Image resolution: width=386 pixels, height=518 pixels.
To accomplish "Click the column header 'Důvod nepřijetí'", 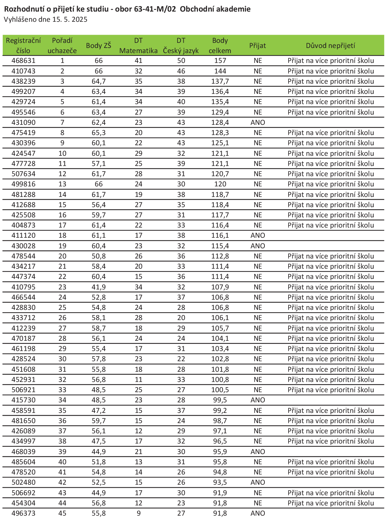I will pos(330,46).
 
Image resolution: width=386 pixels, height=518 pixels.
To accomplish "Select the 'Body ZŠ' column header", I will pos(98,46).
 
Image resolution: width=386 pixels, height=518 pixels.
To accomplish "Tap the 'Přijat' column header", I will pos(257,46).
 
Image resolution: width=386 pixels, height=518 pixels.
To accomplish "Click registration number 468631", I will pos(23,61).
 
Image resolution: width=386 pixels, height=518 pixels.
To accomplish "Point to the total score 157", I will pos(220,61).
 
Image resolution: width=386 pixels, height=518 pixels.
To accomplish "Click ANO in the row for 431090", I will pos(258,122).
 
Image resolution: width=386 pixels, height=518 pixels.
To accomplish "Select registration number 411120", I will pos(23,235).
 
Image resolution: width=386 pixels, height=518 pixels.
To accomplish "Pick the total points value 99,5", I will pos(220,400).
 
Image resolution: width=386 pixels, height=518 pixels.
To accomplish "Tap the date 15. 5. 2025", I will pos(70,19).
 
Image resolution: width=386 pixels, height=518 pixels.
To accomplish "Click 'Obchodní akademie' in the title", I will pos(215,9).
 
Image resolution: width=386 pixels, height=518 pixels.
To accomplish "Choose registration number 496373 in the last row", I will pos(23,513).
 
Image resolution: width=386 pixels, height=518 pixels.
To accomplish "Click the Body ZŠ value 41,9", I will pos(98,287).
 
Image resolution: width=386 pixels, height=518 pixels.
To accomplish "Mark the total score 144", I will pos(220,71).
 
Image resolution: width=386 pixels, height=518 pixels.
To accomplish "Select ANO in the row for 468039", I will pos(258,452).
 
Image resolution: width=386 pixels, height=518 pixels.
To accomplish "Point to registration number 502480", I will pos(23,482).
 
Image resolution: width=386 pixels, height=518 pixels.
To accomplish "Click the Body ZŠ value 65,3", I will pos(98,133).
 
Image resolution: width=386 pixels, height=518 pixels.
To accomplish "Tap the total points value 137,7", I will pos(220,81).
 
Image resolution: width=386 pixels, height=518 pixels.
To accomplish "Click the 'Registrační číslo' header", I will pos(23,46).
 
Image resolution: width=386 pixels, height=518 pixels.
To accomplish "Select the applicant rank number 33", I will pos(62,390).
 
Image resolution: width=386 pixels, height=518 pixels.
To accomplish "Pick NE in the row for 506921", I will pos(258,390).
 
